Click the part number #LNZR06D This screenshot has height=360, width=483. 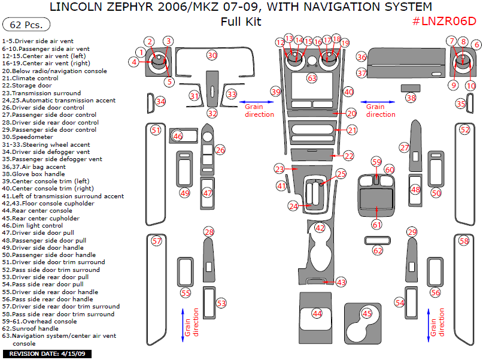tap(444, 22)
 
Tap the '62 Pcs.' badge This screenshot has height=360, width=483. tap(26, 25)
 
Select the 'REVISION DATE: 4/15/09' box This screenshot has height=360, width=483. tap(46, 353)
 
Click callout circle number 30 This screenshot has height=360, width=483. tap(212, 55)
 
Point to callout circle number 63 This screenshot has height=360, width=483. tap(312, 78)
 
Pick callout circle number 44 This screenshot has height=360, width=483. tap(317, 313)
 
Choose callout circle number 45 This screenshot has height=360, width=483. tap(367, 313)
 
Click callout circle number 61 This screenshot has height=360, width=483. tap(376, 225)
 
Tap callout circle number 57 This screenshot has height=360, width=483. tap(157, 241)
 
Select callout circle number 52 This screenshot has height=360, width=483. tap(464, 129)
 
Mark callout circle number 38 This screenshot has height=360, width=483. tap(411, 98)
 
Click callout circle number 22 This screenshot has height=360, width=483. tap(348, 155)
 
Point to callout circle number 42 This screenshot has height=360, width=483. tap(320, 228)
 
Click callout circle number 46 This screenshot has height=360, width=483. tap(177, 137)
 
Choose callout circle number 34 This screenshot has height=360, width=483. tap(160, 102)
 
